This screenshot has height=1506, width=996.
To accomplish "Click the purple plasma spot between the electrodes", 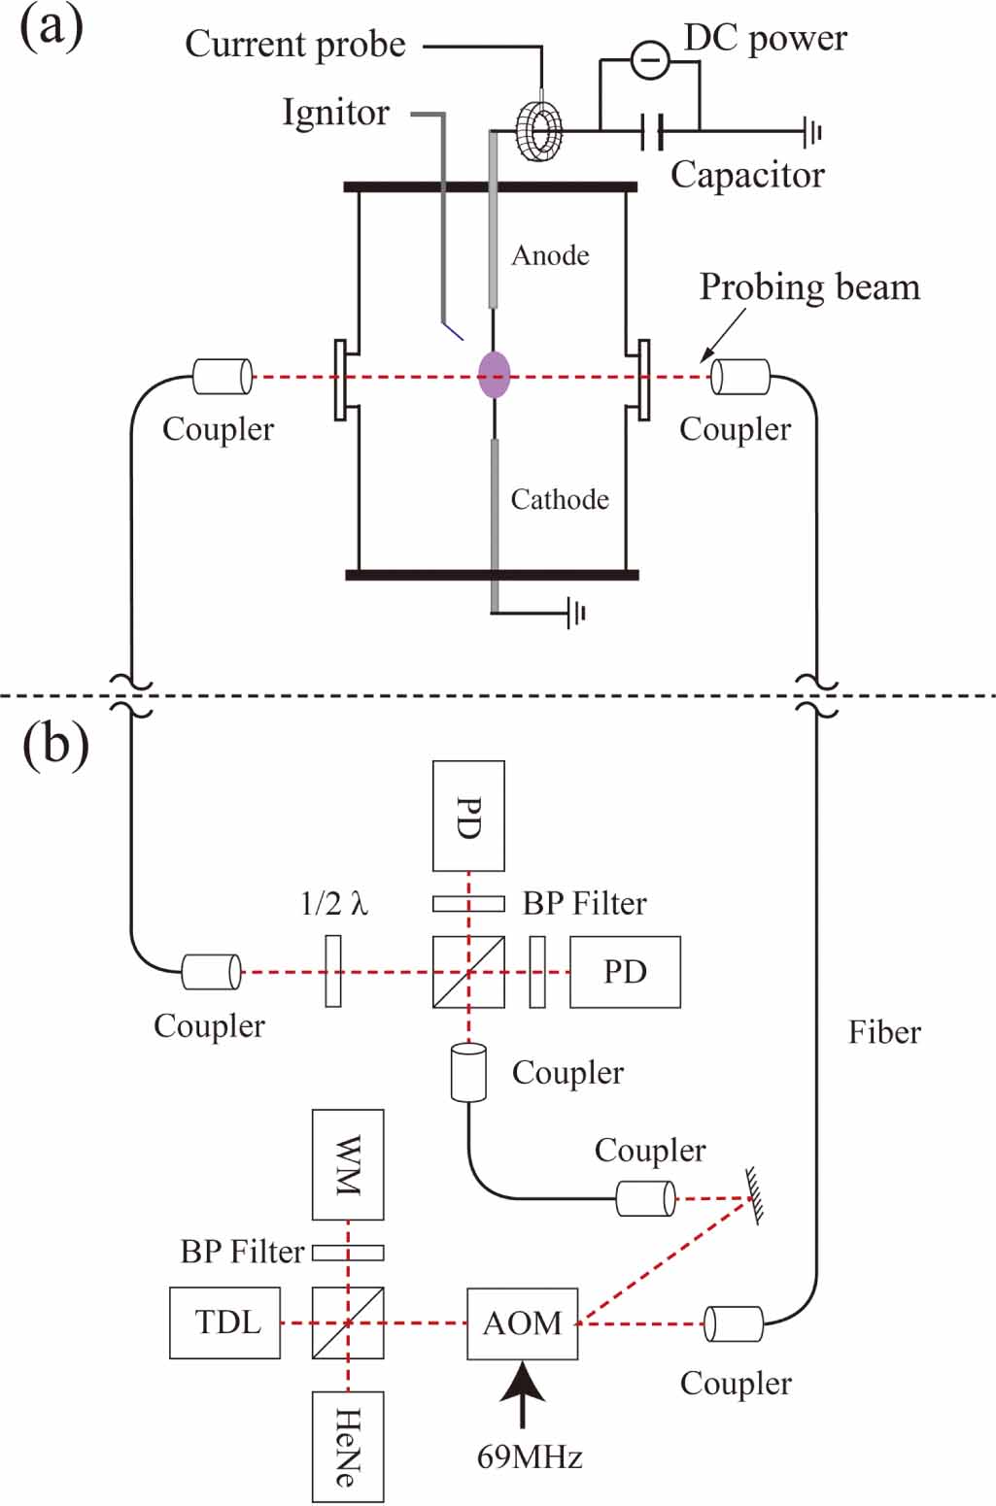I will (494, 375).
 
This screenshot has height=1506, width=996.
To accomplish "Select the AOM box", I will (522, 1322).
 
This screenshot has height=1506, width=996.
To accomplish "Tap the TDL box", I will (224, 1322).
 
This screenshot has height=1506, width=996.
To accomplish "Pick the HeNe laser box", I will (347, 1446).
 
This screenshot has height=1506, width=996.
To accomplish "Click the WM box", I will (347, 1164).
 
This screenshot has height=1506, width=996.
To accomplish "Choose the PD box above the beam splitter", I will (468, 816).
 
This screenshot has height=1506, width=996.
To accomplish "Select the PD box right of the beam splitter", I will (625, 971).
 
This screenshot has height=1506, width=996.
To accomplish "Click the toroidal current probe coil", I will (539, 130).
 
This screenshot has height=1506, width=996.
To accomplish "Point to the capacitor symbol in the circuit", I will (653, 130).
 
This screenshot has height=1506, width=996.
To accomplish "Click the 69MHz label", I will (530, 1456).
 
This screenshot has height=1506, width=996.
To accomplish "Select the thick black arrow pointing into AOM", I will (523, 1392).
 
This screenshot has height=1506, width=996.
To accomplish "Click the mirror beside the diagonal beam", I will (754, 1195).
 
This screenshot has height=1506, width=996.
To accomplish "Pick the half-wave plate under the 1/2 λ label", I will (333, 971).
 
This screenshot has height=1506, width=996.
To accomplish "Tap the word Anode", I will (550, 255).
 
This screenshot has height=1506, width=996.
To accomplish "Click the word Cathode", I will (560, 499).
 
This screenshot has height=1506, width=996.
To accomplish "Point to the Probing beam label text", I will (809, 287).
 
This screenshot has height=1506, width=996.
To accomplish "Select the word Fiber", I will (883, 1032).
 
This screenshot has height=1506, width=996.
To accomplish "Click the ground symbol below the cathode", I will (576, 613).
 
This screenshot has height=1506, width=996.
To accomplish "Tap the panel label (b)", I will (55, 746).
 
